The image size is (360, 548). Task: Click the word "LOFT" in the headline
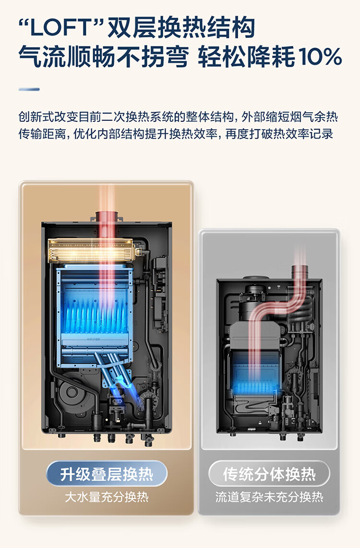click(62, 29)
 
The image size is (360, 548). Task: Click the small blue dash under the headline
click(29, 89)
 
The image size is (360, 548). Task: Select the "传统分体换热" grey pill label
click(269, 474)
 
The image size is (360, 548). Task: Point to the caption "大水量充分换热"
click(107, 497)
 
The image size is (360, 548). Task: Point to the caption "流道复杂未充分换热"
click(269, 497)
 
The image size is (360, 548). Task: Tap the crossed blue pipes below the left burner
click(115, 367)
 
